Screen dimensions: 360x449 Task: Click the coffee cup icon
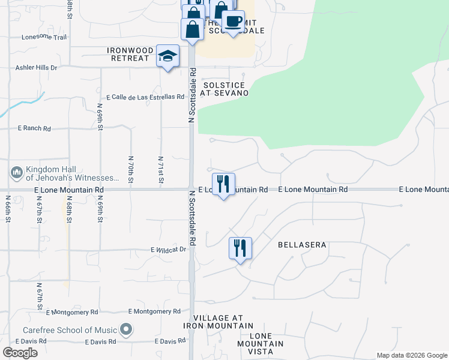pyautogui.click(x=232, y=22)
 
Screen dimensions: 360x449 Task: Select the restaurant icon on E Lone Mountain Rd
pyautogui.click(x=223, y=184)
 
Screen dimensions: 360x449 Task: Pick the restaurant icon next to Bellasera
pyautogui.click(x=240, y=248)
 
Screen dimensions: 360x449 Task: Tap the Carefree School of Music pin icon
pyautogui.click(x=125, y=329)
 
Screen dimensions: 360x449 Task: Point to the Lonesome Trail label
pyautogui.click(x=44, y=37)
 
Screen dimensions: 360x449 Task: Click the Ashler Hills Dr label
pyautogui.click(x=37, y=68)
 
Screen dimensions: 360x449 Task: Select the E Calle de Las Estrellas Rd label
pyautogui.click(x=145, y=97)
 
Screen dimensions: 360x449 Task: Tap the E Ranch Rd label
pyautogui.click(x=34, y=128)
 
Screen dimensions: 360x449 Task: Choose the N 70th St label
pyautogui.click(x=130, y=169)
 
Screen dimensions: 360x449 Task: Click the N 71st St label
pyautogui.click(x=161, y=169)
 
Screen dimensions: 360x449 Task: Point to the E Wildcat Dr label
pyautogui.click(x=169, y=250)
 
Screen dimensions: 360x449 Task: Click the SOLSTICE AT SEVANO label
pyautogui.click(x=224, y=89)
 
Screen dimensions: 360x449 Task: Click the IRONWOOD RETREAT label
pyautogui.click(x=128, y=54)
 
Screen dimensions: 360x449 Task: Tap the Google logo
pyautogui.click(x=20, y=353)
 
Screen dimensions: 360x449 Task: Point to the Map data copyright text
pyautogui.click(x=411, y=355)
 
